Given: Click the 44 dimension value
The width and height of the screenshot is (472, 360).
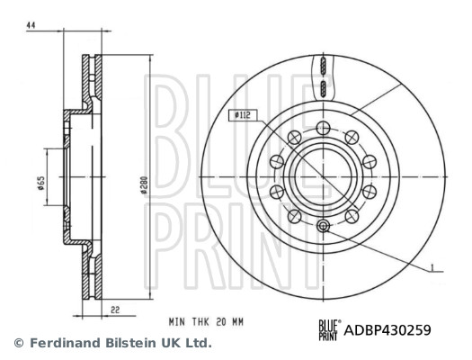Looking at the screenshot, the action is [x=31, y=25].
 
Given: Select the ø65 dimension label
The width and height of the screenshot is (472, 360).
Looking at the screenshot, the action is [x=41, y=184].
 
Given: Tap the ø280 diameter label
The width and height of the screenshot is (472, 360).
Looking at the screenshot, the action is [x=144, y=185].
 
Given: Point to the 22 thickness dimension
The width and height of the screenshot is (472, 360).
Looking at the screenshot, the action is [x=115, y=310].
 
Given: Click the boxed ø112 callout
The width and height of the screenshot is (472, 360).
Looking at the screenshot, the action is [x=243, y=115].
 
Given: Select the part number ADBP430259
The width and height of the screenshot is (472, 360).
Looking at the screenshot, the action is [x=387, y=330].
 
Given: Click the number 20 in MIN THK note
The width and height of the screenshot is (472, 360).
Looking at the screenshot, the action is [x=221, y=322].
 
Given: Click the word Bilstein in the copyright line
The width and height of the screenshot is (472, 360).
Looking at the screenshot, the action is [x=131, y=343].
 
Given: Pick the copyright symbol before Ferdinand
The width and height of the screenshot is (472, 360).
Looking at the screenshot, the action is [x=19, y=343].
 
